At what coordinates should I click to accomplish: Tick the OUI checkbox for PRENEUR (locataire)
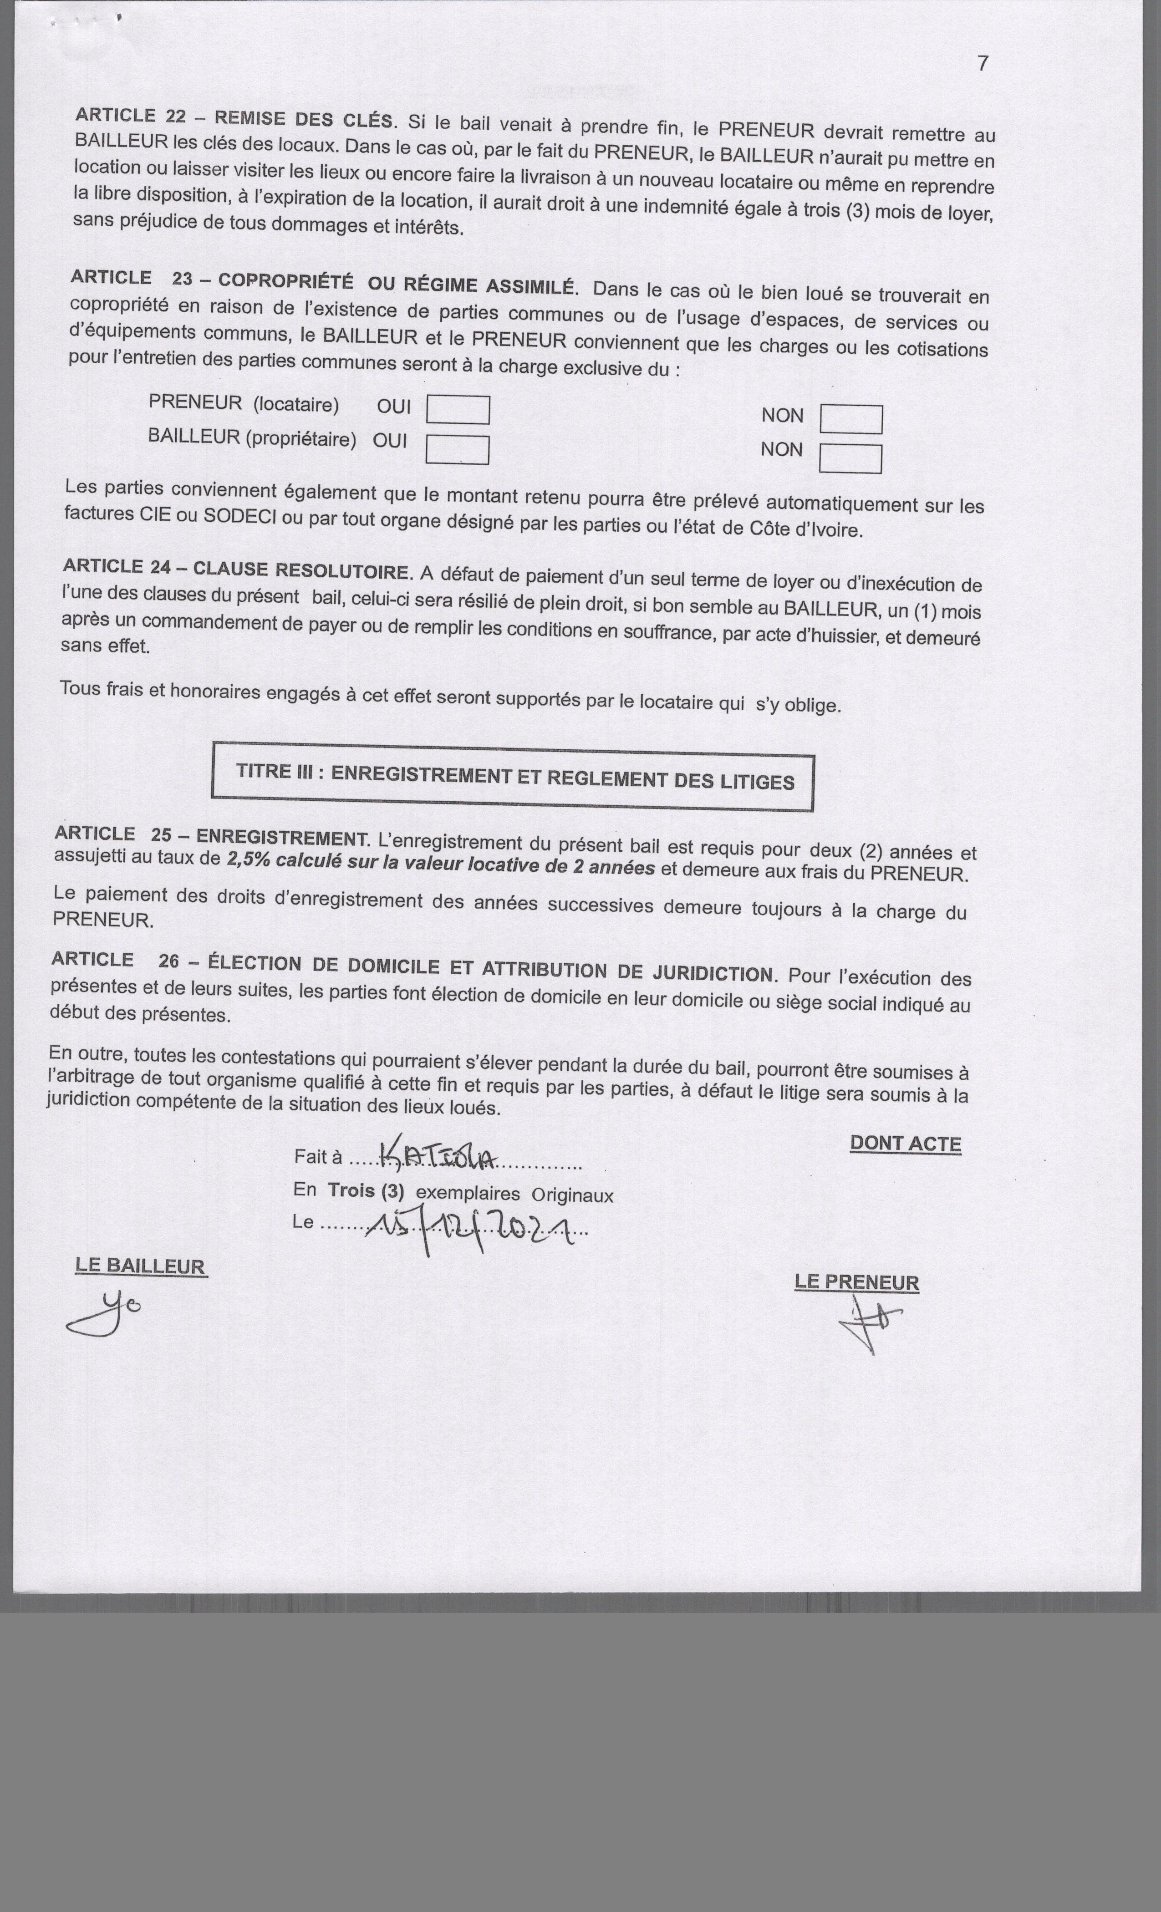pyautogui.click(x=458, y=410)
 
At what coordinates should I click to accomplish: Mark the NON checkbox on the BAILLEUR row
pyautogui.click(x=850, y=458)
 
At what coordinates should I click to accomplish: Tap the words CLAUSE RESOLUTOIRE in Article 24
pyautogui.click(x=300, y=570)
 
